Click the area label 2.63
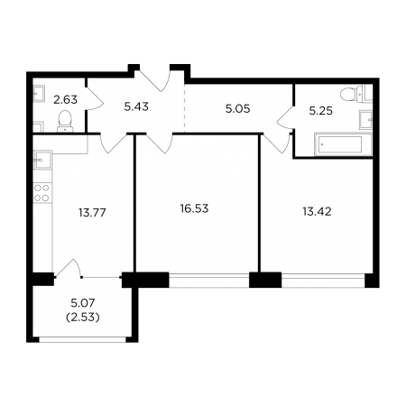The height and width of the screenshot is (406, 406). (x=65, y=99)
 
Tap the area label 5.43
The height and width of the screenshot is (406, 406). (x=136, y=106)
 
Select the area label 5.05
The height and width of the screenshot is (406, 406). (x=237, y=109)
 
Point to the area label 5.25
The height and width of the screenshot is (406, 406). (x=321, y=111)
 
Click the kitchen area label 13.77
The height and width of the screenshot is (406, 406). (x=92, y=213)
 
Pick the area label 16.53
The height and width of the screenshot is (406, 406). (x=194, y=208)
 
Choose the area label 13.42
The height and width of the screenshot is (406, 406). (x=317, y=212)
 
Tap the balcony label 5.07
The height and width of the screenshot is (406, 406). (x=83, y=303)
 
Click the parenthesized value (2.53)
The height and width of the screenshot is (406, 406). (x=83, y=318)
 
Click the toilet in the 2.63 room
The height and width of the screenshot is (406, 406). (x=65, y=121)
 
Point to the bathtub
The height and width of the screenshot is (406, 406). (x=343, y=144)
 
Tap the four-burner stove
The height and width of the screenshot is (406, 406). (x=42, y=193)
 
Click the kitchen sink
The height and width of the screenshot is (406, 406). (x=42, y=160)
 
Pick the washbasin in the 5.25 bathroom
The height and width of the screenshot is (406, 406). (x=366, y=120)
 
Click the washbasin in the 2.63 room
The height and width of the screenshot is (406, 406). (x=39, y=94)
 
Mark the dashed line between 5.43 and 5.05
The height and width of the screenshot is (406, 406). (x=184, y=108)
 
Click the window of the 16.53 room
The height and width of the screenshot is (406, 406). (x=209, y=281)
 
